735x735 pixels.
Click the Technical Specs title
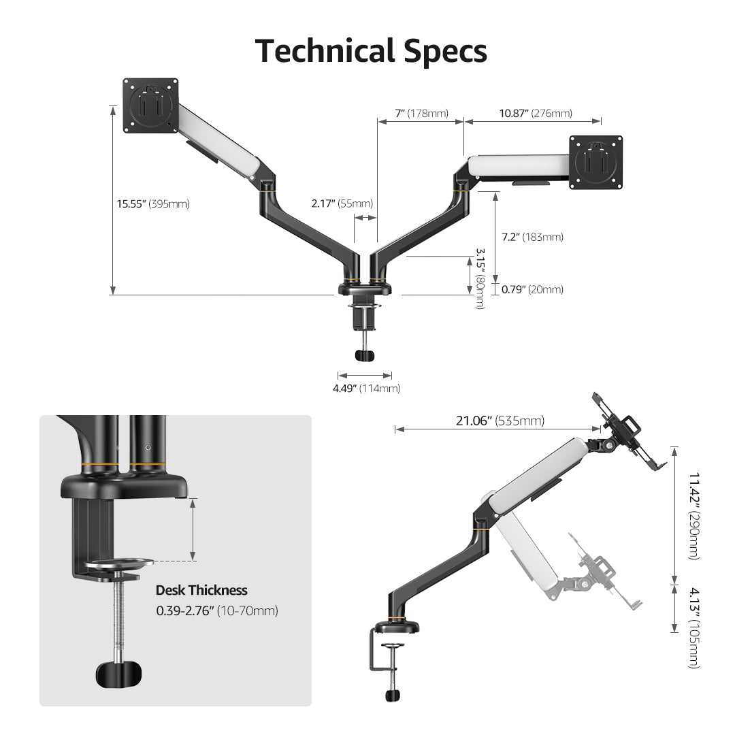click(x=371, y=51)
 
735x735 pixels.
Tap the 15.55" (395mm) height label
click(x=152, y=203)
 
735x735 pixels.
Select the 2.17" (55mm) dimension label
click(x=342, y=203)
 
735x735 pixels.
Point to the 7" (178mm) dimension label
click(x=421, y=114)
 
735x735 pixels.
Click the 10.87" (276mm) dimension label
click(x=535, y=114)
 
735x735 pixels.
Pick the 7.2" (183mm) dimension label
click(x=532, y=237)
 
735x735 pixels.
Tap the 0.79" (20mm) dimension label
click(x=532, y=289)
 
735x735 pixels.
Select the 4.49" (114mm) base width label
click(x=365, y=389)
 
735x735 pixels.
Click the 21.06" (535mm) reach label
click(x=500, y=421)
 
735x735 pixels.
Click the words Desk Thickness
click(x=201, y=590)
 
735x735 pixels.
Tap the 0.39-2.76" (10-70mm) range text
click(x=217, y=610)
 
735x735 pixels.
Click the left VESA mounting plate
click(x=150, y=106)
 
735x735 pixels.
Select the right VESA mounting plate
click(x=595, y=162)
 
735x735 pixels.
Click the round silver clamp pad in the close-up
click(x=120, y=565)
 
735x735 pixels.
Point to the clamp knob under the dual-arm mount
click(x=365, y=355)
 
